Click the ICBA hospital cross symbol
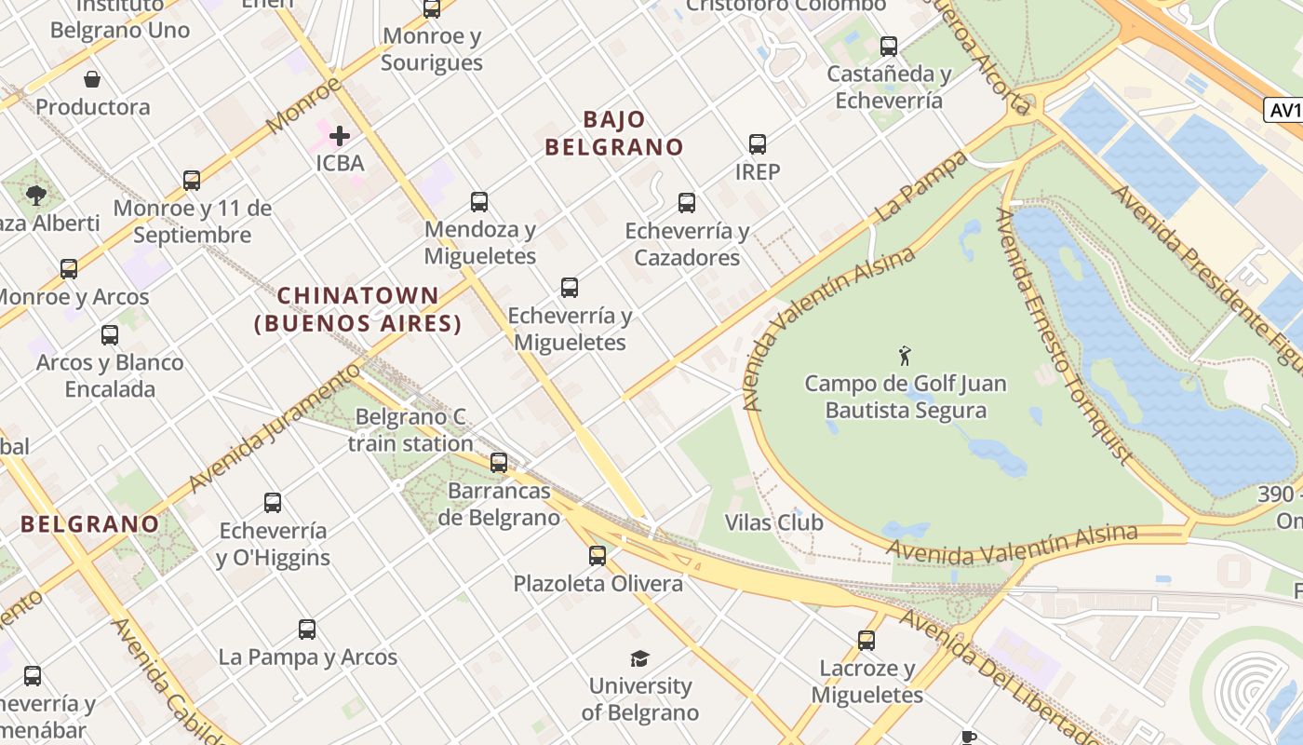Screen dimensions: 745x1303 click(340, 136)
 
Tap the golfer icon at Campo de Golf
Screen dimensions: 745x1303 click(905, 355)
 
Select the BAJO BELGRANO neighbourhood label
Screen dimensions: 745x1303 click(614, 133)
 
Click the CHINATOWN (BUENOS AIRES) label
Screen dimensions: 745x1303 click(358, 309)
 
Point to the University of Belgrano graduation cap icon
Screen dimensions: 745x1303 click(639, 658)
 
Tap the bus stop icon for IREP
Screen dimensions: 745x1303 click(758, 144)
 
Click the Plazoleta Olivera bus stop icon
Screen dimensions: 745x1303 click(598, 556)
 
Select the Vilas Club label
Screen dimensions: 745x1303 click(773, 522)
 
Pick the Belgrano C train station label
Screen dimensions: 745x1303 click(410, 430)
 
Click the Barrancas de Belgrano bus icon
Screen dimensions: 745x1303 click(499, 462)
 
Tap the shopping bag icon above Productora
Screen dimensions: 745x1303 click(92, 79)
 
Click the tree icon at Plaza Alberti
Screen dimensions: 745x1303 click(36, 196)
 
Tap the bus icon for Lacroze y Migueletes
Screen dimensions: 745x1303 click(866, 641)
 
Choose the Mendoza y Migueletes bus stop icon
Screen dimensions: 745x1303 click(479, 202)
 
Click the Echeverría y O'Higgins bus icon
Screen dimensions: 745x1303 click(273, 503)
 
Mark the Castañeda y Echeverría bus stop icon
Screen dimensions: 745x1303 click(889, 46)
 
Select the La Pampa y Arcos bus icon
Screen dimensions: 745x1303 click(307, 630)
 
